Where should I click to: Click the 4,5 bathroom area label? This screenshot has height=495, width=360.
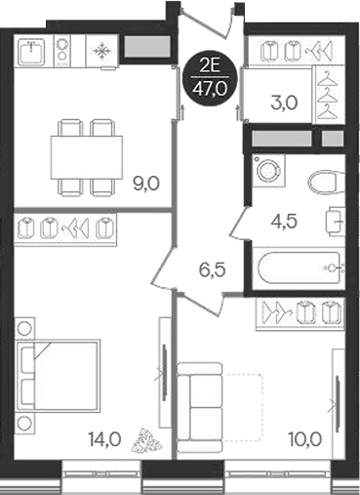pyautogui.click(x=284, y=220)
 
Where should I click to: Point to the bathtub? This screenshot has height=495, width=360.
pyautogui.click(x=298, y=268)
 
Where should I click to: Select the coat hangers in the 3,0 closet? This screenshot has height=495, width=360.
pyautogui.click(x=329, y=98)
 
